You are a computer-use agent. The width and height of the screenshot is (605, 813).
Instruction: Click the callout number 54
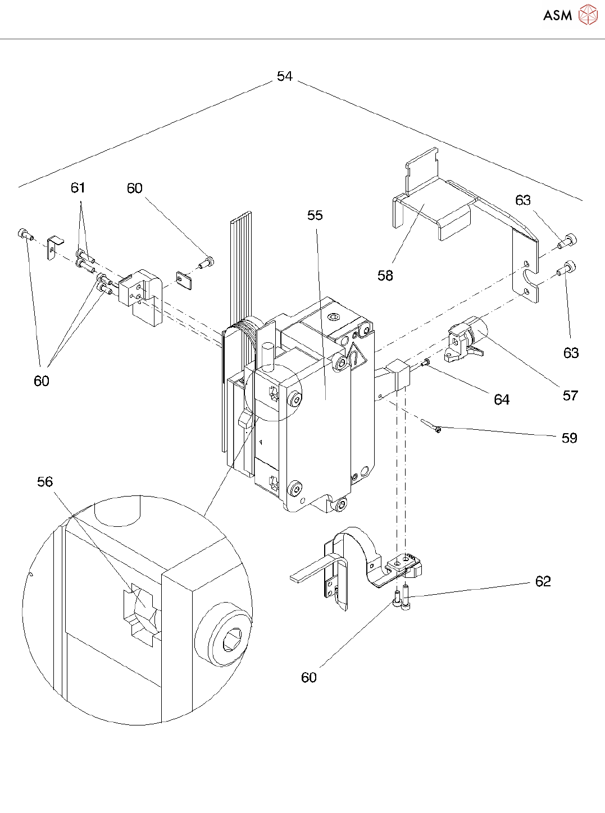284,76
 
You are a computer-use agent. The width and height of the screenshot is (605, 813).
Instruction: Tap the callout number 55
315,215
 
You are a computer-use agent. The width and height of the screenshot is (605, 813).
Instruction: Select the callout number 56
45,482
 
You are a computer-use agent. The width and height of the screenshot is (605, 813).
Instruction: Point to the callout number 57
570,396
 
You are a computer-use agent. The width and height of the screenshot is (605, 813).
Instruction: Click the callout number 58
385,275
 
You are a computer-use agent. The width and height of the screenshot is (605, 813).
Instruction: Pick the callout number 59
570,438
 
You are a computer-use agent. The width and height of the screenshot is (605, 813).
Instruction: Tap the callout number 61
78,187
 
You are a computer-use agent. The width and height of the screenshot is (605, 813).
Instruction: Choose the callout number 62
543,581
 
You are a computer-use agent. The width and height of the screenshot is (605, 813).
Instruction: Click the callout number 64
502,400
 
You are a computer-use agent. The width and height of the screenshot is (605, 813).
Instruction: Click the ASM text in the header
557,15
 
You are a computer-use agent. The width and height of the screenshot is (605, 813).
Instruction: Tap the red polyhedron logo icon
588,15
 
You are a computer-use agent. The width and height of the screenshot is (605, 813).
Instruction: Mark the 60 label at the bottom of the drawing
309,678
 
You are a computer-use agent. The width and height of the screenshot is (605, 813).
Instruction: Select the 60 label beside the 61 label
134,189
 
